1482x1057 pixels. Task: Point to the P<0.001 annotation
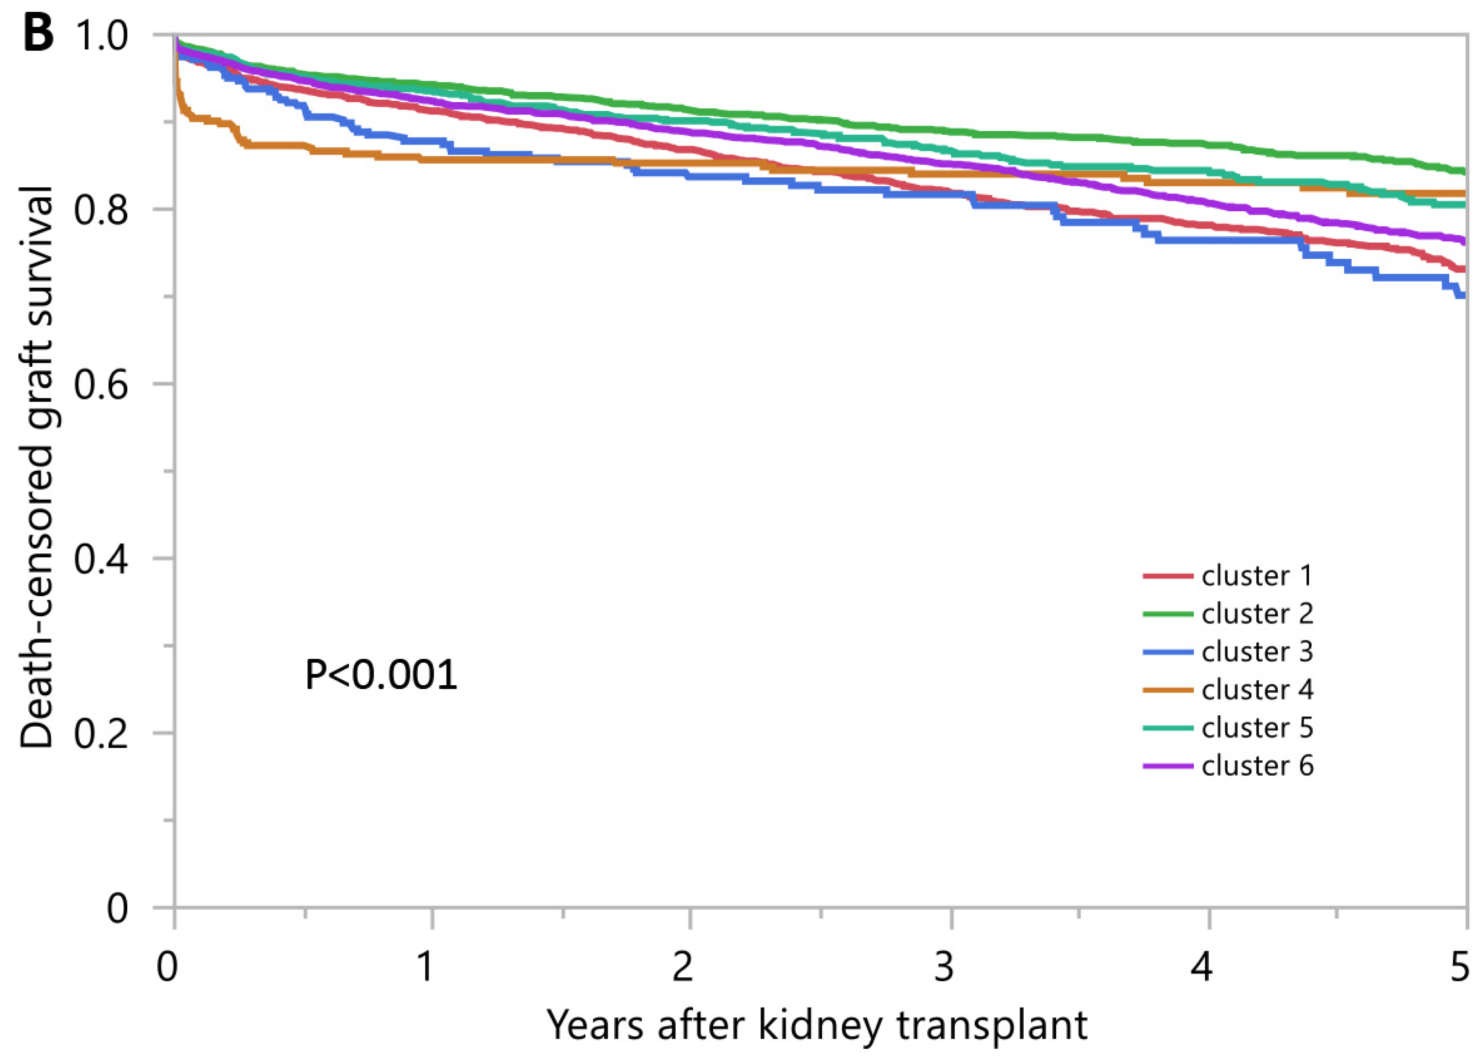click(x=381, y=675)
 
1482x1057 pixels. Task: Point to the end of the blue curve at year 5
click(x=1464, y=296)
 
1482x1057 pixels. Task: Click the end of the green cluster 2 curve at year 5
click(x=1464, y=171)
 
